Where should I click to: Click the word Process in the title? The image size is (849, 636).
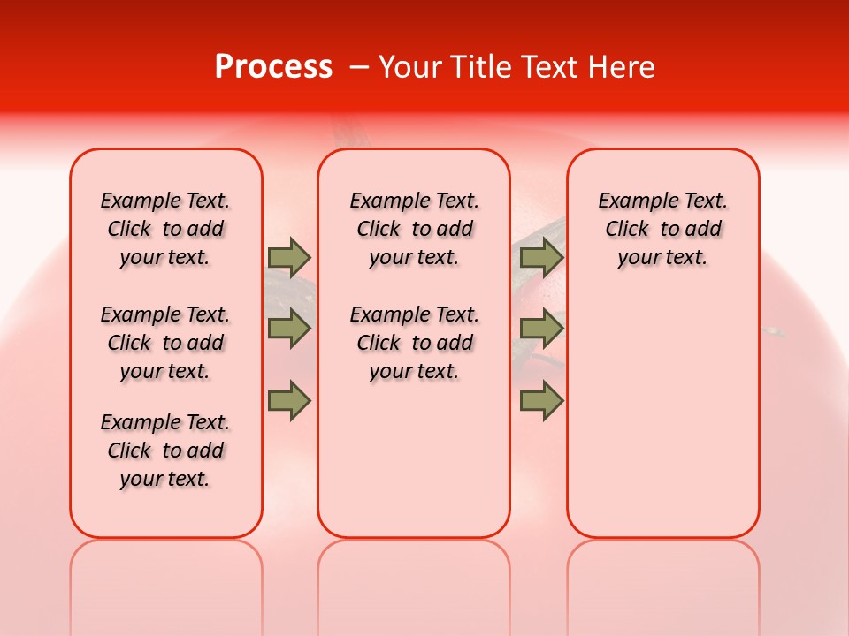(x=273, y=67)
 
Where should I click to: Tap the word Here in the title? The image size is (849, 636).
(x=623, y=67)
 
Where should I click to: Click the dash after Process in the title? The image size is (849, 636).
(x=359, y=68)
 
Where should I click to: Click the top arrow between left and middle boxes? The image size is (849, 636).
(x=289, y=257)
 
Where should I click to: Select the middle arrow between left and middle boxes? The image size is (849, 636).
(x=289, y=329)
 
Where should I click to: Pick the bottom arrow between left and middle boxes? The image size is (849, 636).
(x=289, y=400)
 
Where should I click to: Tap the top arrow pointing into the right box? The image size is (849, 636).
(x=541, y=257)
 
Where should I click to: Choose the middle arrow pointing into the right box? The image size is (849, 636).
(x=541, y=329)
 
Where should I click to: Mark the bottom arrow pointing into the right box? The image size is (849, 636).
(x=541, y=400)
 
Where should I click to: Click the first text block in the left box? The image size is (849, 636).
(x=165, y=229)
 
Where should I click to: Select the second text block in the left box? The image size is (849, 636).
(x=165, y=343)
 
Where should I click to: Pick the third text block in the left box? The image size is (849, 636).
(x=165, y=450)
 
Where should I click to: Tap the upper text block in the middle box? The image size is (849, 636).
(x=414, y=229)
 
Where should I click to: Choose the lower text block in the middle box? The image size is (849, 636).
(x=414, y=343)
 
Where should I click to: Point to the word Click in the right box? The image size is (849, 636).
(x=627, y=230)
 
